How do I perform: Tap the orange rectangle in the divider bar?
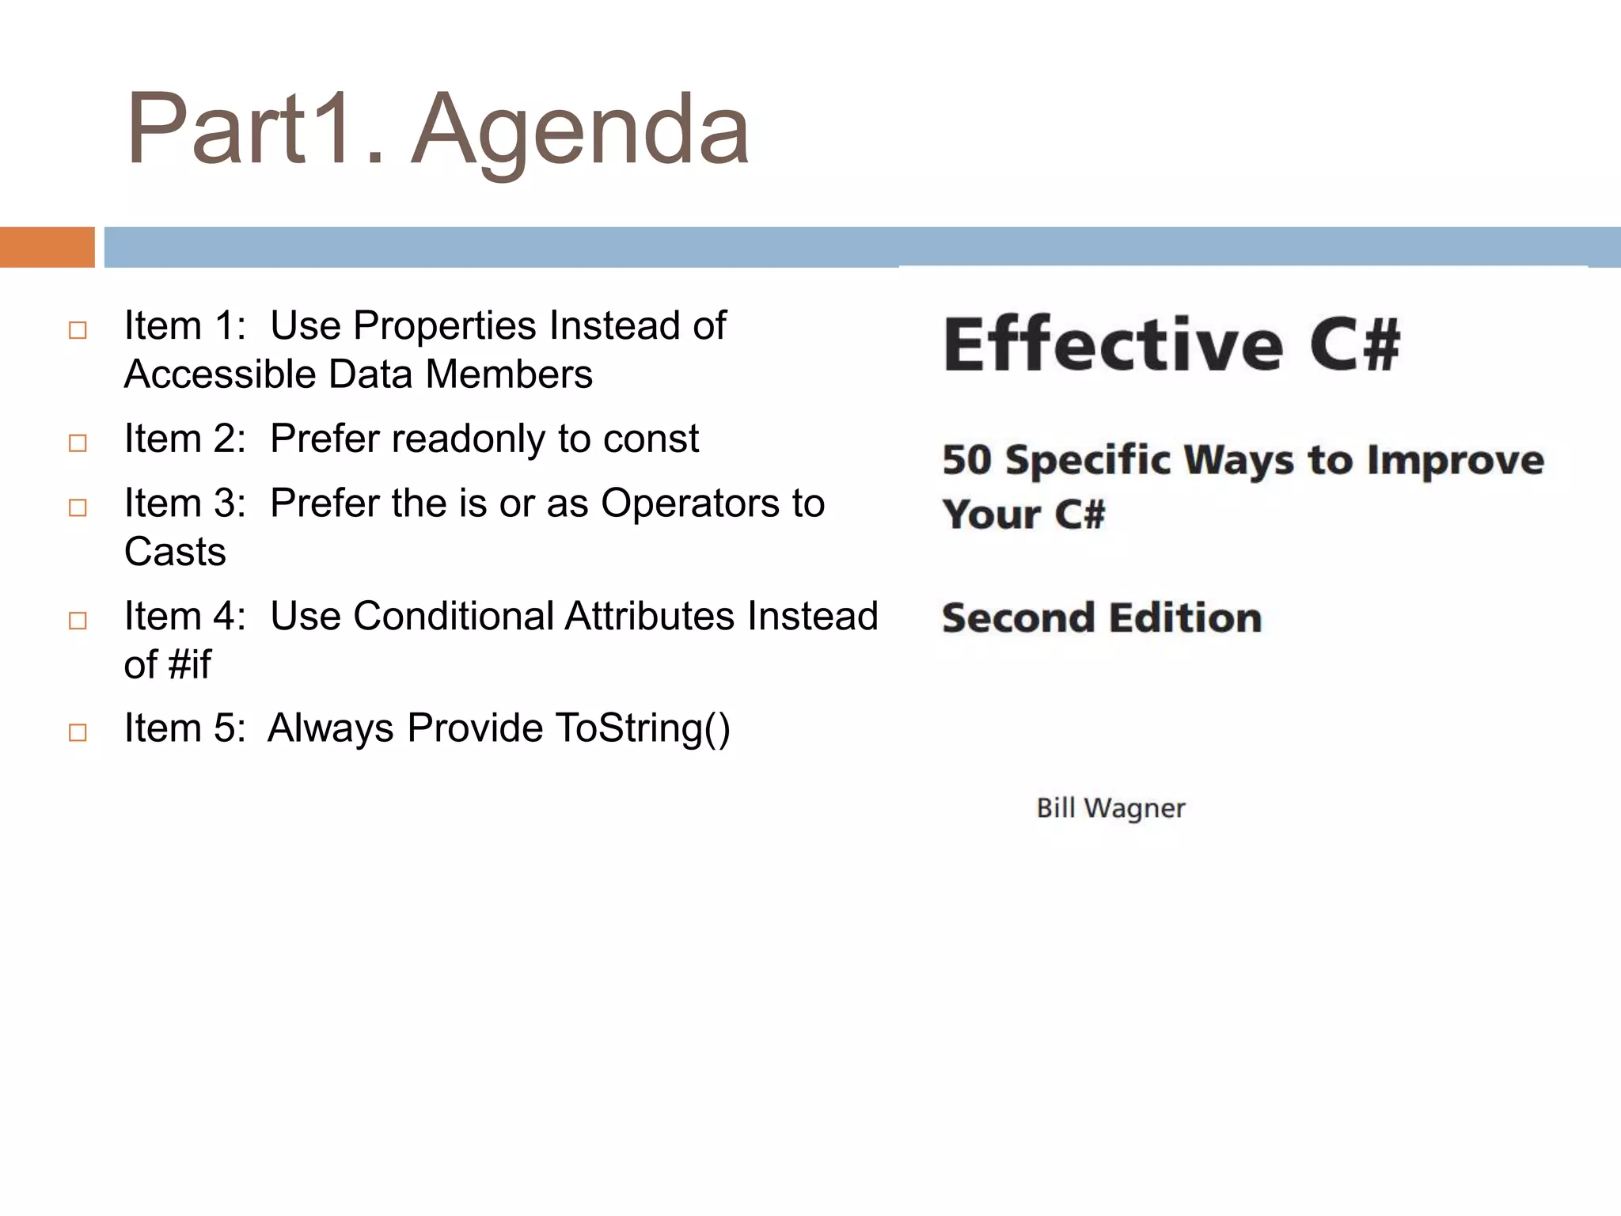(x=47, y=247)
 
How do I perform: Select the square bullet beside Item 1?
(x=78, y=330)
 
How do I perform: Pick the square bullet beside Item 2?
(x=78, y=443)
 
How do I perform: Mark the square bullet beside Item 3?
(x=78, y=507)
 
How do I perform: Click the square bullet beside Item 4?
(x=78, y=620)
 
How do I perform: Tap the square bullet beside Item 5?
(x=78, y=732)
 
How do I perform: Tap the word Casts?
(x=175, y=552)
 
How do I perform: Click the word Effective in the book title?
(x=1112, y=344)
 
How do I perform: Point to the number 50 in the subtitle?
(x=966, y=460)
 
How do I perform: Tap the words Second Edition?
(x=1101, y=618)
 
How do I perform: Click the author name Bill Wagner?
(x=1110, y=808)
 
